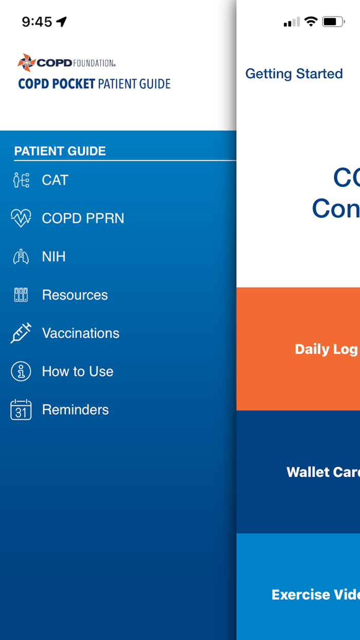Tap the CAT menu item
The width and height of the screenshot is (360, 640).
click(x=55, y=180)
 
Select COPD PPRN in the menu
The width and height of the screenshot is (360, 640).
click(x=83, y=218)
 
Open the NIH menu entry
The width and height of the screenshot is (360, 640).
click(x=53, y=257)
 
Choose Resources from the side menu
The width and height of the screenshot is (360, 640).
click(x=75, y=295)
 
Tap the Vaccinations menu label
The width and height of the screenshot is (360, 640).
click(x=81, y=333)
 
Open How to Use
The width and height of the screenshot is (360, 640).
click(x=78, y=371)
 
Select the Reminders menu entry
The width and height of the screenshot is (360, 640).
click(x=76, y=410)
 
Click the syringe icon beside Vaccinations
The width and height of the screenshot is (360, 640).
click(x=21, y=333)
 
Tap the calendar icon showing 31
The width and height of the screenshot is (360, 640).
click(x=21, y=410)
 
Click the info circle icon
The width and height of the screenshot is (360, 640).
click(x=21, y=371)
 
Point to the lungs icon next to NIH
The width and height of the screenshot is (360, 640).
click(x=21, y=257)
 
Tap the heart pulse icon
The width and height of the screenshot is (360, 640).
click(x=21, y=218)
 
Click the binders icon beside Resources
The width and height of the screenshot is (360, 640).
click(x=21, y=295)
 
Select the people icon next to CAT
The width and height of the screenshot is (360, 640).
click(x=21, y=180)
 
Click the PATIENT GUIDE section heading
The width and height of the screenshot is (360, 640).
click(x=60, y=151)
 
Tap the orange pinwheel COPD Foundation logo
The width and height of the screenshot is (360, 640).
click(x=26, y=63)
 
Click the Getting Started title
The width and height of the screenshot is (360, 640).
click(x=294, y=74)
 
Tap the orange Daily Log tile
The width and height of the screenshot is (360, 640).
click(x=298, y=349)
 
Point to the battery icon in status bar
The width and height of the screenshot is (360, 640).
click(x=333, y=22)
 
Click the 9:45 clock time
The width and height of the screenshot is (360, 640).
click(x=37, y=22)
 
